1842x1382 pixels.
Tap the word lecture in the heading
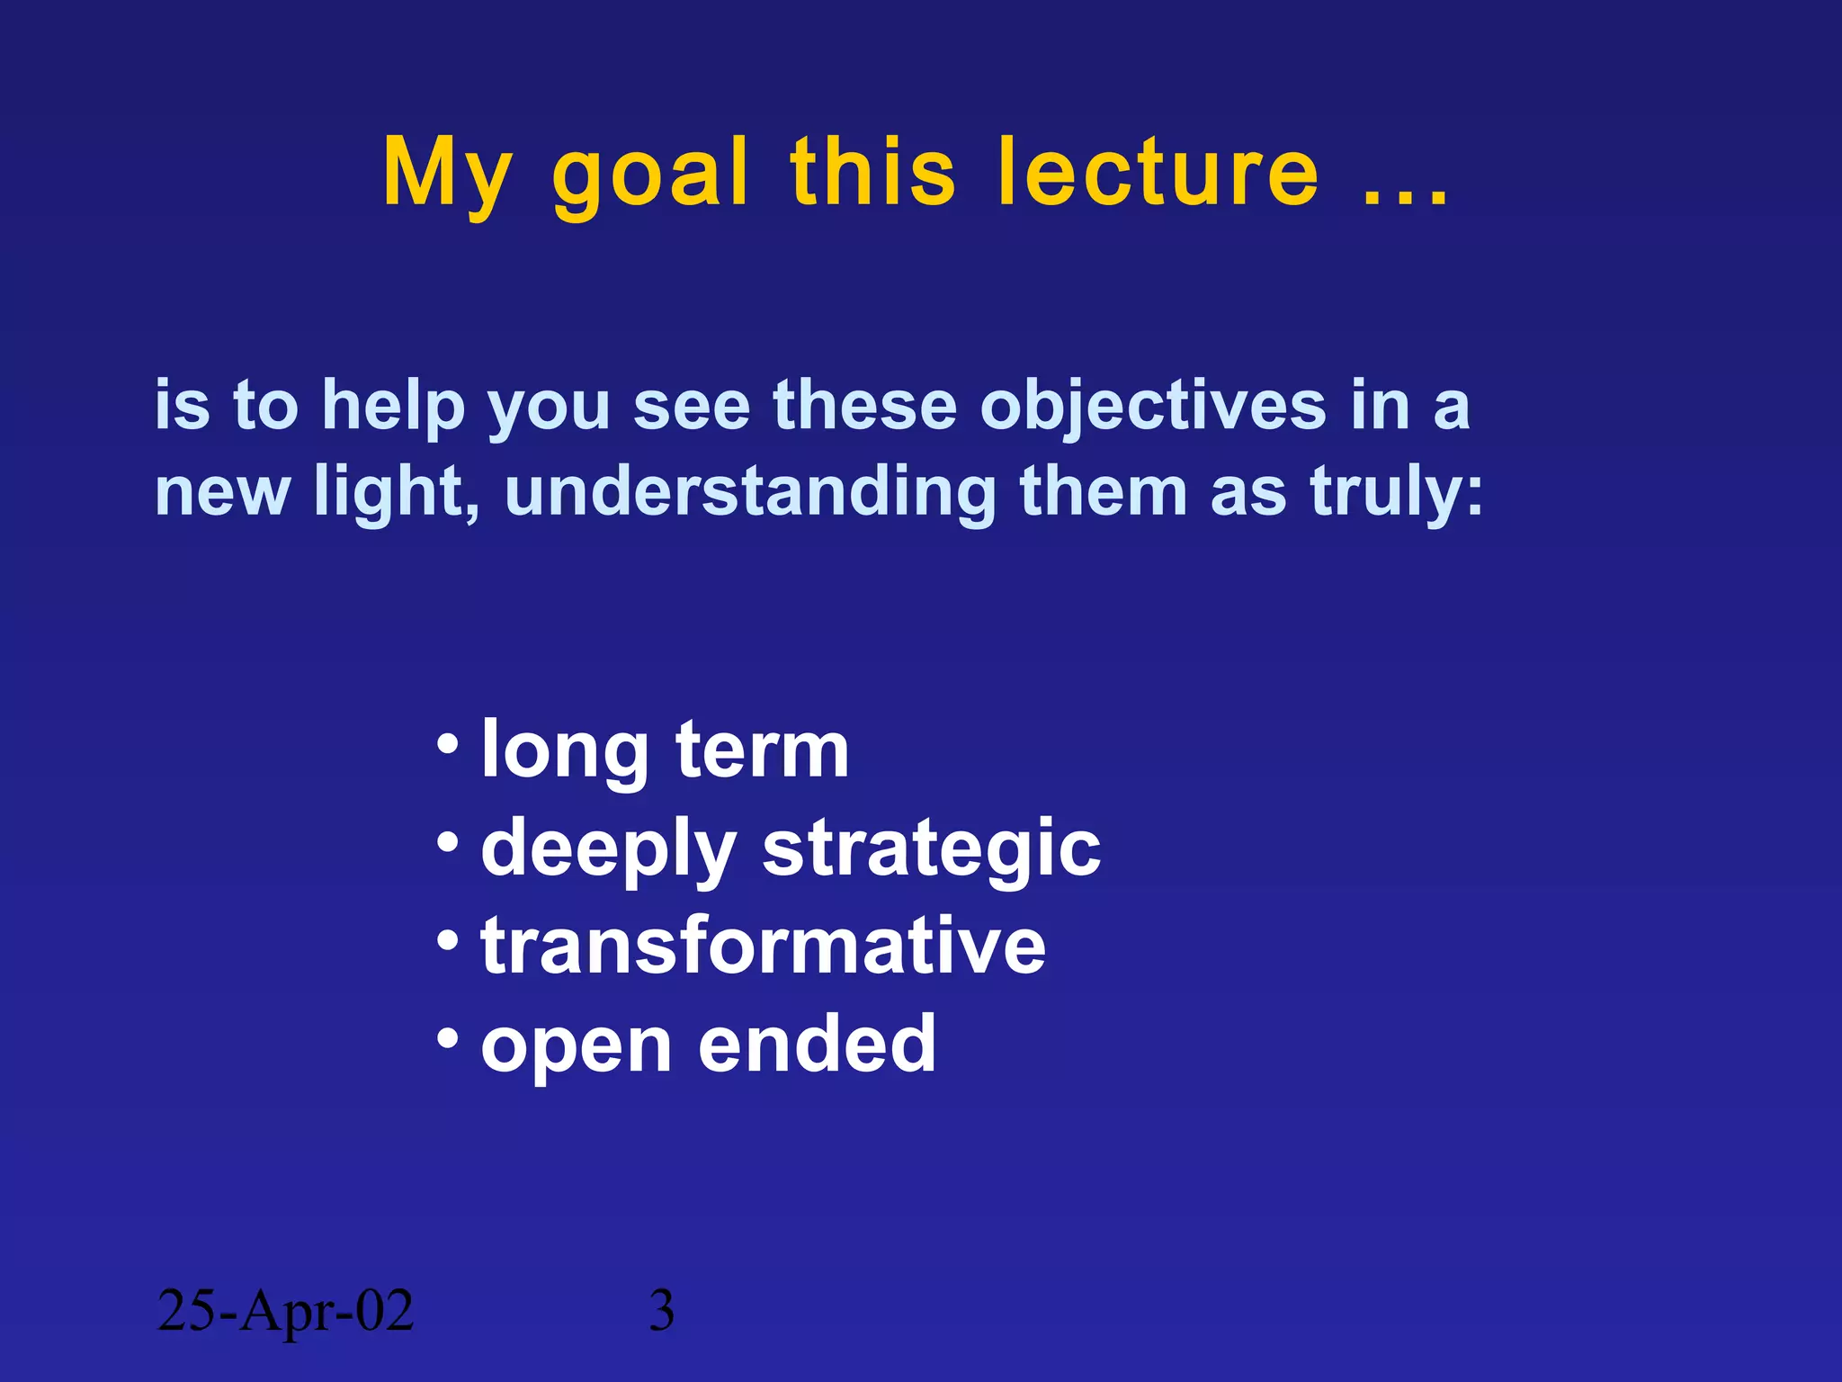[1158, 173]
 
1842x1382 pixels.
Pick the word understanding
[750, 492]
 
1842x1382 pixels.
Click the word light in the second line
[395, 492]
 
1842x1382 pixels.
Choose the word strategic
[931, 848]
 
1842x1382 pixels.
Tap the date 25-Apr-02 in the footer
[285, 1310]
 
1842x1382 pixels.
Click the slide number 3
[662, 1311]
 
